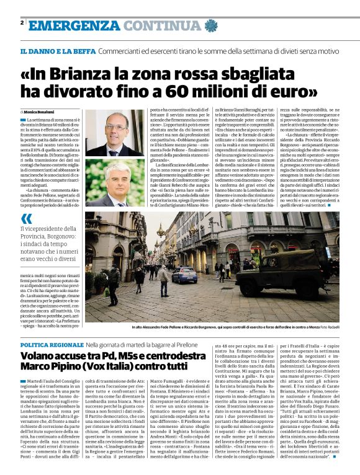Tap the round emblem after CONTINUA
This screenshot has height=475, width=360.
point(209,25)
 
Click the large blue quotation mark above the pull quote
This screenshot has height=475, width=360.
point(27,219)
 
